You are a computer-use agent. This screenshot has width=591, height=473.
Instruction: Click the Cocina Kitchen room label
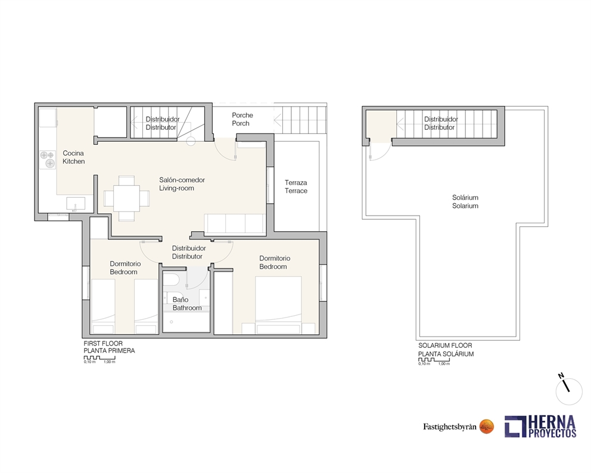73,157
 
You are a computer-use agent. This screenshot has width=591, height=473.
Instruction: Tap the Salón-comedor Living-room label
182,184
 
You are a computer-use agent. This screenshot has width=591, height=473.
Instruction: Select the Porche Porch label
242,119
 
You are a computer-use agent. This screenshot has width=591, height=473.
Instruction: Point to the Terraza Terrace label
296,186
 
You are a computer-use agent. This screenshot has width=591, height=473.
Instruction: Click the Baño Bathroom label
187,304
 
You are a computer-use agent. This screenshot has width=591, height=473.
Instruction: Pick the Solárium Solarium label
465,201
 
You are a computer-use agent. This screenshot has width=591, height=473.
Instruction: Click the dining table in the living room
127,198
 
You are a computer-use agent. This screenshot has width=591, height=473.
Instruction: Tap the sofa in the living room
235,224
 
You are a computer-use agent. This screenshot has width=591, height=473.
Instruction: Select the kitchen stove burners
48,159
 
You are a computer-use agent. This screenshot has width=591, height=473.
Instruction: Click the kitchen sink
76,204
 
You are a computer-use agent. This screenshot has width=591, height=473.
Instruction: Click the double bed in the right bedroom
279,305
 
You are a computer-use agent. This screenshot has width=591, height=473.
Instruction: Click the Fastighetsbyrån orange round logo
487,427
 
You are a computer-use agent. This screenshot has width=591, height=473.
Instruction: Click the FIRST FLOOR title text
103,343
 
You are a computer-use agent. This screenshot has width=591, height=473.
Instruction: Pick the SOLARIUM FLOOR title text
445,346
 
